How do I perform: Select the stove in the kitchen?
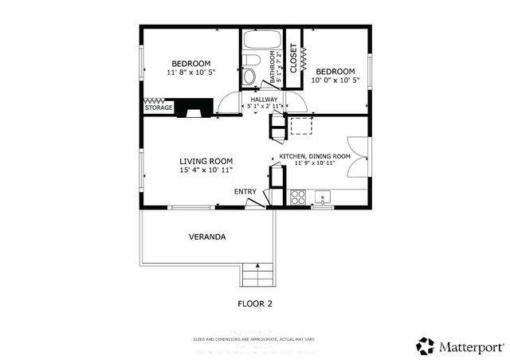(x=297, y=197)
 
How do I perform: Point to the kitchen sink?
(x=323, y=196)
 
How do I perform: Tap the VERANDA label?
(x=206, y=237)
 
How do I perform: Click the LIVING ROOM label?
(x=206, y=161)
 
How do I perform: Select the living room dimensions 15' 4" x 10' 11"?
(x=206, y=170)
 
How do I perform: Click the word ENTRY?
(x=245, y=192)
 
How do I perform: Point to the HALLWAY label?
(x=264, y=100)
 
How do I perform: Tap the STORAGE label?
(x=158, y=108)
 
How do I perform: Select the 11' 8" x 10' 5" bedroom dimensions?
(x=191, y=73)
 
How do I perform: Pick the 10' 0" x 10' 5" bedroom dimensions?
(x=335, y=80)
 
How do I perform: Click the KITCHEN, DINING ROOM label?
(x=314, y=156)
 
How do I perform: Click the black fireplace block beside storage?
(x=194, y=108)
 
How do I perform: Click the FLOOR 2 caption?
(x=255, y=303)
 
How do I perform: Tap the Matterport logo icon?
(x=426, y=346)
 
